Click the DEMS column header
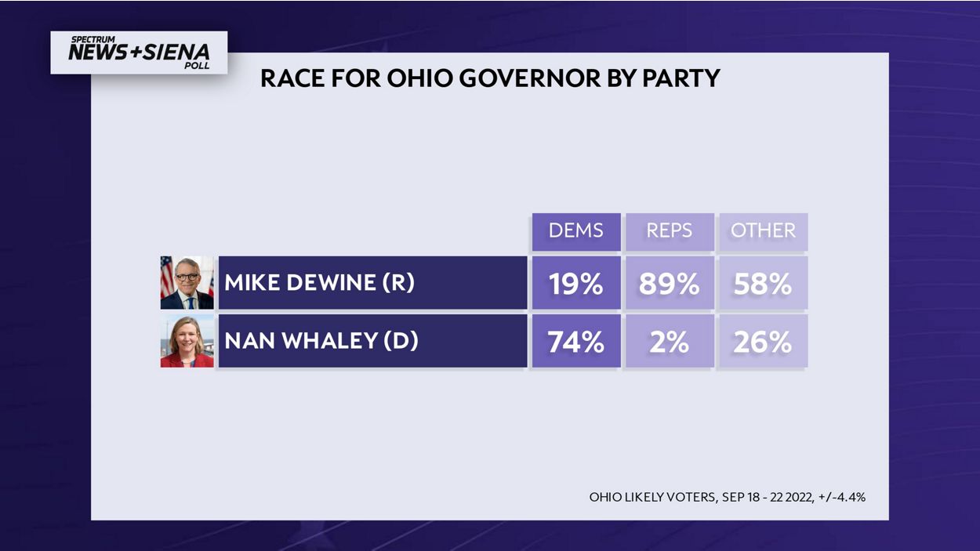click(x=576, y=231)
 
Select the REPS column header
click(x=670, y=231)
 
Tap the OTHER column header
click(x=763, y=231)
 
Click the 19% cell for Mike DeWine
click(x=576, y=283)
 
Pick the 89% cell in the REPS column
click(x=670, y=283)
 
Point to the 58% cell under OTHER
click(x=763, y=283)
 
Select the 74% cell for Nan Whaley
click(x=576, y=342)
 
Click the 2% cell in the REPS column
click(x=670, y=342)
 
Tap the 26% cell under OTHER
click(x=763, y=342)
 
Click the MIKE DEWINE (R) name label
click(x=319, y=283)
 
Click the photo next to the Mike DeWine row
click(x=187, y=283)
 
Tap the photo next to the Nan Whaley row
click(x=187, y=342)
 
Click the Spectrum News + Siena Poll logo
click(x=139, y=53)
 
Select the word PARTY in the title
click(x=683, y=78)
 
